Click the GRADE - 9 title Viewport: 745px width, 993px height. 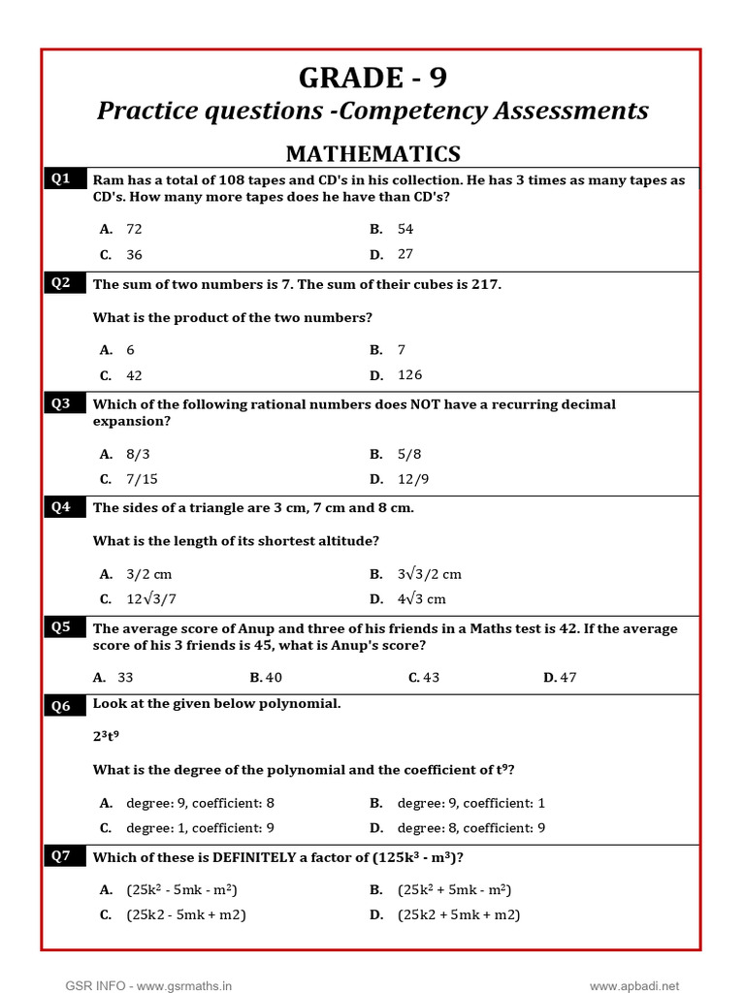(x=372, y=78)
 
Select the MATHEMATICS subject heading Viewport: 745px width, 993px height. (x=372, y=153)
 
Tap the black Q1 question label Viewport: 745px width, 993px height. (x=61, y=178)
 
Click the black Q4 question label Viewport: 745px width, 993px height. (x=61, y=506)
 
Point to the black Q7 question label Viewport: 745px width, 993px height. (x=61, y=855)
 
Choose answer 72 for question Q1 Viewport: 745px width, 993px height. (x=134, y=229)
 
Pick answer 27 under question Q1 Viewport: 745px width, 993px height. (x=405, y=254)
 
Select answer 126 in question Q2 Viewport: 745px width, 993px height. (x=409, y=375)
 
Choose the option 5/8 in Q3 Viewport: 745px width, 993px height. (x=409, y=454)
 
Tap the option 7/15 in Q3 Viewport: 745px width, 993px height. (x=142, y=479)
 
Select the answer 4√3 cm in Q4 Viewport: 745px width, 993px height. (x=421, y=599)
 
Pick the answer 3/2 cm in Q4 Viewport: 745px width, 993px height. (x=148, y=574)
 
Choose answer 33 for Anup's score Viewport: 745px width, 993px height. (x=125, y=678)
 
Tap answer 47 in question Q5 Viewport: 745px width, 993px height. (x=567, y=678)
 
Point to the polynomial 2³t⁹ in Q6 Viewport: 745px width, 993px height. (x=106, y=736)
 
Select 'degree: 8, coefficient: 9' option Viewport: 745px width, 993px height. (x=471, y=828)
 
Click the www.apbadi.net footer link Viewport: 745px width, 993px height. (x=634, y=986)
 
